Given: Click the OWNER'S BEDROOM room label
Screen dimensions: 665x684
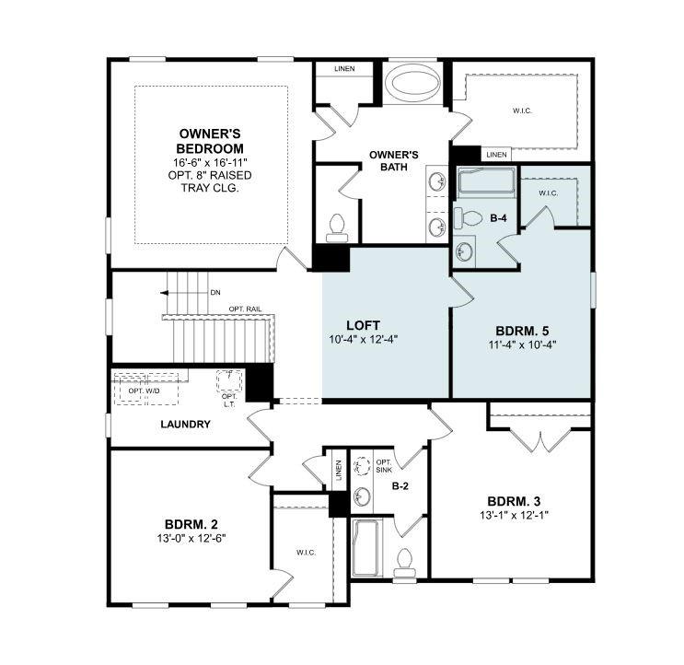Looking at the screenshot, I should tap(211, 141).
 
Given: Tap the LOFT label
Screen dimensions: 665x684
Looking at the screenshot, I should tap(364, 325).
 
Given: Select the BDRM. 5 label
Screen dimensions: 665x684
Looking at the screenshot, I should tap(520, 330).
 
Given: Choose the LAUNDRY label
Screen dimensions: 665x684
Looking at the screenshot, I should tap(185, 425).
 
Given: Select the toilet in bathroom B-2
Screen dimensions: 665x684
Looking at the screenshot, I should tap(403, 562).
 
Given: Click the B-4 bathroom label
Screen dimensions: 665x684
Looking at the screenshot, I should tap(499, 218).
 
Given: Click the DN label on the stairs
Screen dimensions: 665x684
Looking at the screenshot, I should tap(215, 292).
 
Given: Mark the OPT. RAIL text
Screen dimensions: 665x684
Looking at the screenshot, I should tap(244, 309).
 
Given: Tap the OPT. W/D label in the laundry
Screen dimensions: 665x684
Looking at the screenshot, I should tap(143, 391).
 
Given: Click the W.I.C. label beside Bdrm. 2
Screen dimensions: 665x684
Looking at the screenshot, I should tap(306, 553).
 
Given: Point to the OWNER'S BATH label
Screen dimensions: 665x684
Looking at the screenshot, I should tap(394, 160).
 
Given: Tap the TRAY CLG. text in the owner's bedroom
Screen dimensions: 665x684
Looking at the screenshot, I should tap(211, 188).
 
